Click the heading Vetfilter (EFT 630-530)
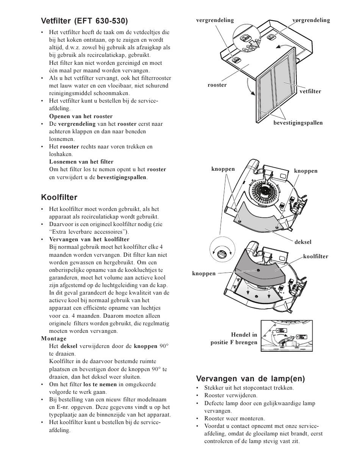pos(84,21)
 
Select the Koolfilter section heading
pos(59,197)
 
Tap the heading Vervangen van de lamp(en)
pos(250,379)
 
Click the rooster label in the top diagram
pos(217,85)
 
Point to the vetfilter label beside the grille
pos(310,92)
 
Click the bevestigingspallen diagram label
pos(298,123)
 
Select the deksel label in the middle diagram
pos(303,242)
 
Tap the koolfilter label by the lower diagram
pos(315,256)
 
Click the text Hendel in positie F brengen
pos(234,338)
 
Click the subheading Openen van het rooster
pos(81,116)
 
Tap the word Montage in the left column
pos(54,338)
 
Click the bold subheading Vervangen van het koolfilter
pos(89,239)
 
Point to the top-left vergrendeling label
pos(215,20)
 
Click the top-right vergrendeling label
pos(311,20)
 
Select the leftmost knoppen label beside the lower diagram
pos(203,274)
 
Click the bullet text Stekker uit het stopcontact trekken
pos(249,388)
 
